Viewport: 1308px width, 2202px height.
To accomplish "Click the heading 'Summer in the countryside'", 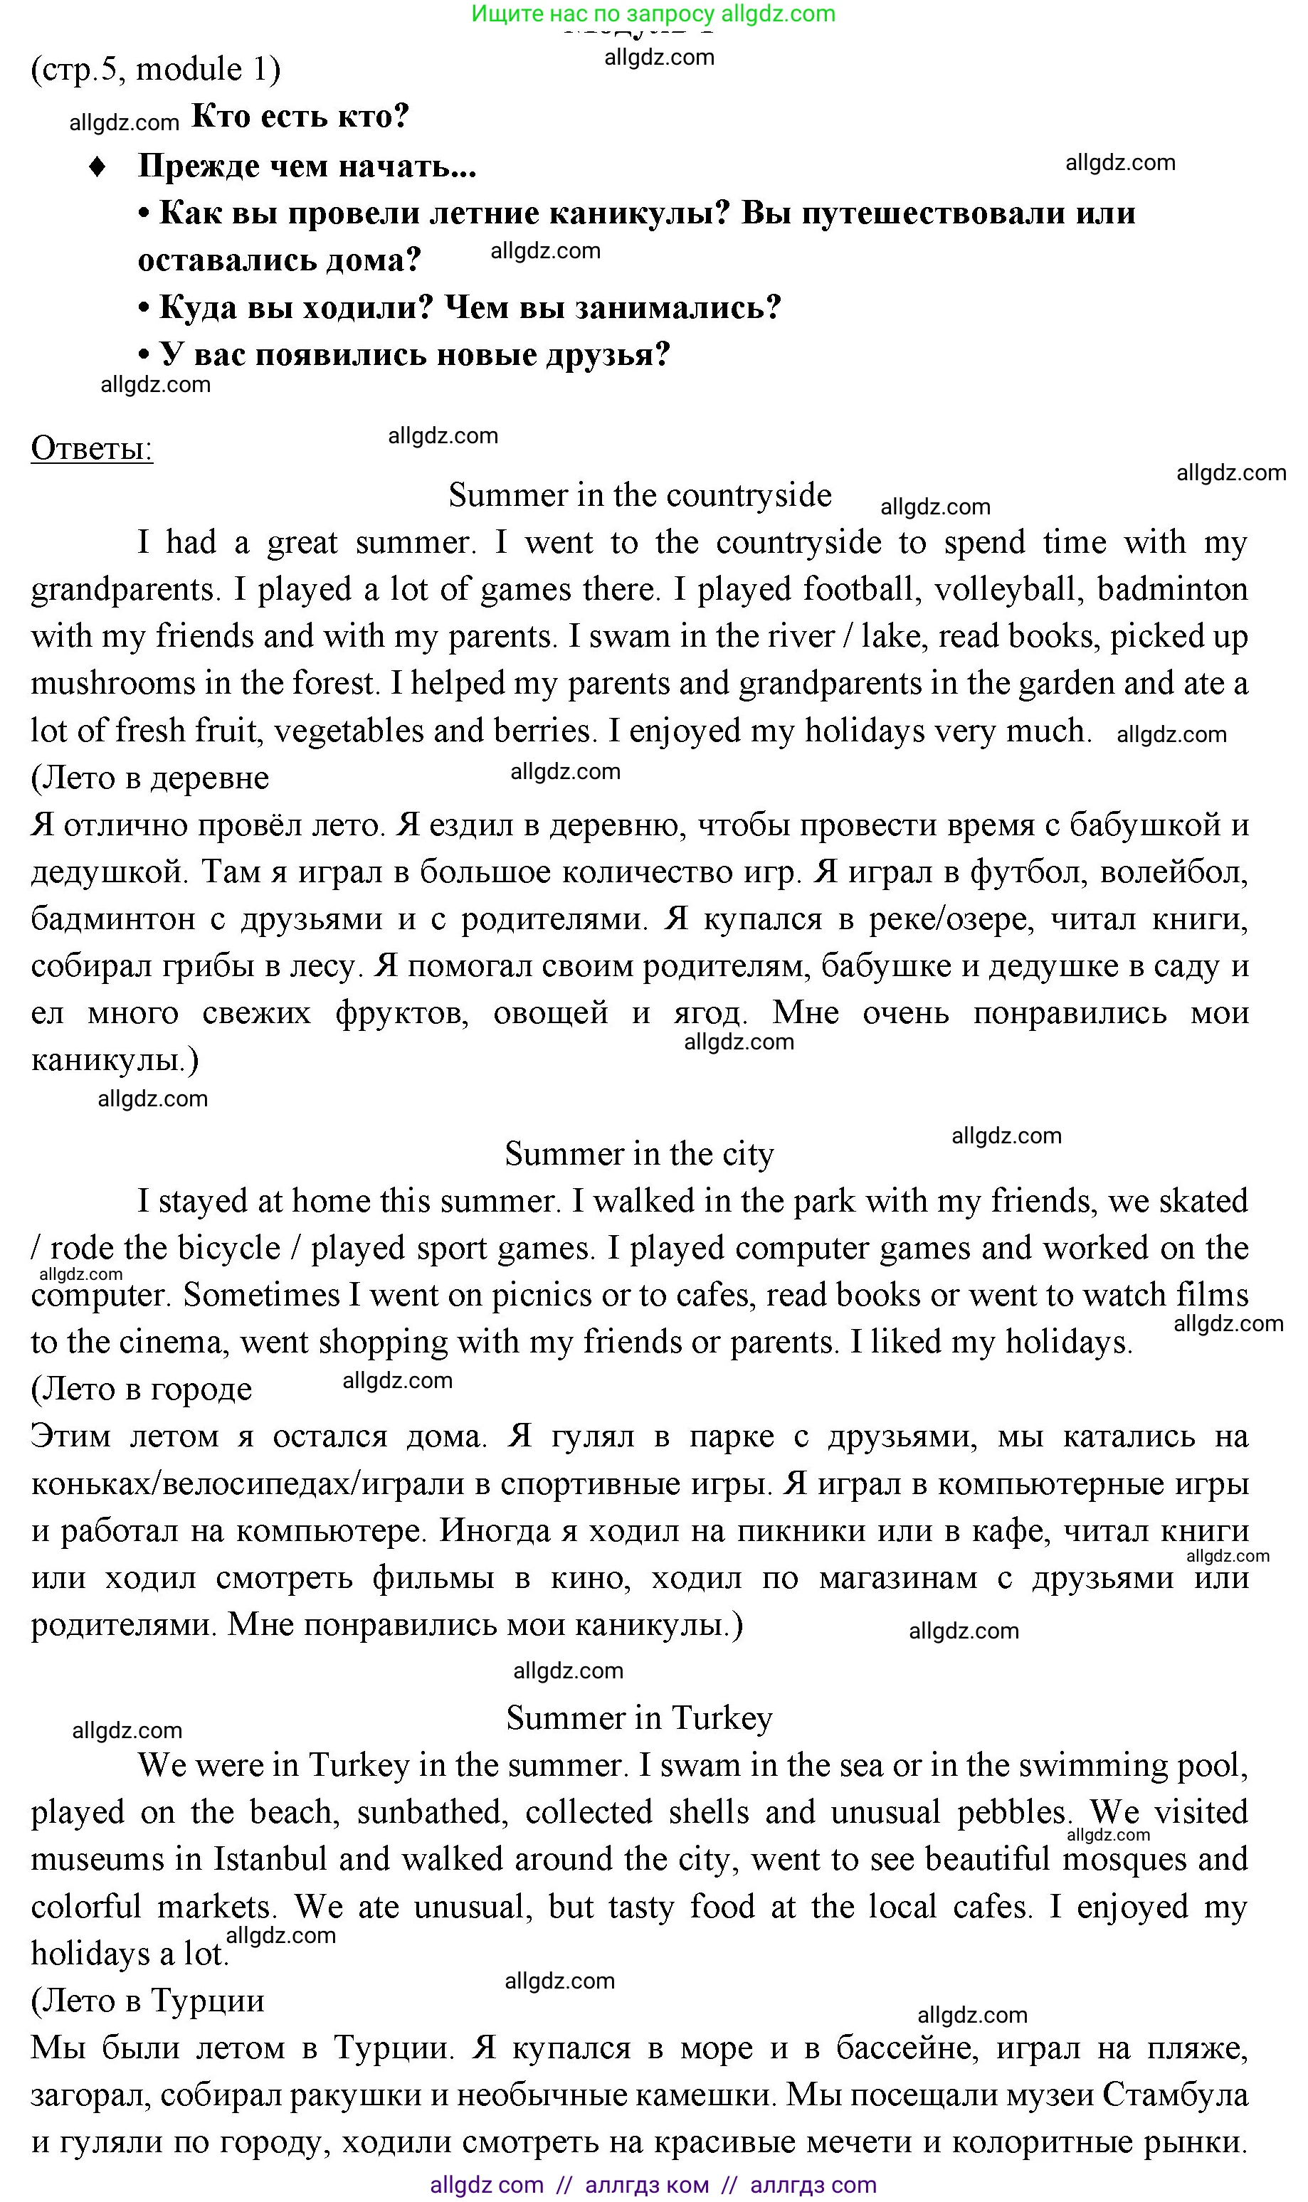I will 640,495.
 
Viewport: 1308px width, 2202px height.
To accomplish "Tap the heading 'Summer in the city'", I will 639,1153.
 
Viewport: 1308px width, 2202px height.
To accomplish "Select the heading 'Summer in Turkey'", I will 639,1717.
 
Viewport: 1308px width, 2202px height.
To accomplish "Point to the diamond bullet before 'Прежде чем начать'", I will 97,166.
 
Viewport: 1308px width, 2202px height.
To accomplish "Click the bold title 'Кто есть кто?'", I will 300,116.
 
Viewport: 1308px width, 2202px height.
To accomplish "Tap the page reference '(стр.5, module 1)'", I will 156,69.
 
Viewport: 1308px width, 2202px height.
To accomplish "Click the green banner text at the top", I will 653,14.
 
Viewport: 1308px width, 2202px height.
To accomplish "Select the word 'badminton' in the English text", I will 1171,590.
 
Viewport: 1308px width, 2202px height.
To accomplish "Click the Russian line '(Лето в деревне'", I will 150,778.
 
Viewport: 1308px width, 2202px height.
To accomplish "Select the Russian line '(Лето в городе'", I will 141,1390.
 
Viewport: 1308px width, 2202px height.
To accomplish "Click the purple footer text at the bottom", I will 653,2184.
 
